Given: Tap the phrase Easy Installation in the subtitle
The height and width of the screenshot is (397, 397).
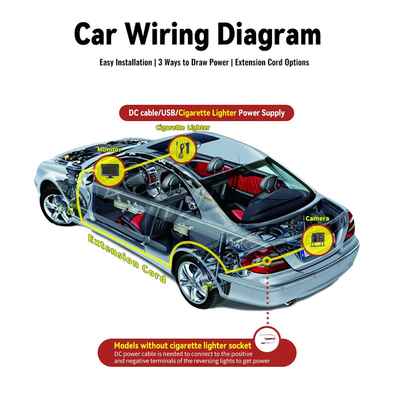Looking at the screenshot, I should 126,63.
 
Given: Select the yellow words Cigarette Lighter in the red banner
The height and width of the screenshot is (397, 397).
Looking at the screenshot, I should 207,113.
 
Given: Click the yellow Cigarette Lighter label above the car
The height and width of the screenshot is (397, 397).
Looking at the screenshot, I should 183,128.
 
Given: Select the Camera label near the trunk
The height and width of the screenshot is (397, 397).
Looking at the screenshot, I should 317,218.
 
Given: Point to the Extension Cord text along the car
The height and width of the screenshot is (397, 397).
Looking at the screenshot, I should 127,258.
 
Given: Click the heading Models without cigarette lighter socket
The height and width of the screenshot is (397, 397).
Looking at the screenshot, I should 183,345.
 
